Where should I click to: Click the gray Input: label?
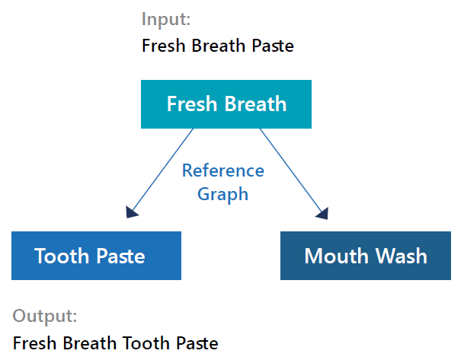coord(166,20)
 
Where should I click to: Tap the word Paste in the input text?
coord(273,46)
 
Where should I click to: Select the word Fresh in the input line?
coord(164,46)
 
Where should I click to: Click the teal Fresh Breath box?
coord(226,104)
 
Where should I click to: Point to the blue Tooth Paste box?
coord(96,256)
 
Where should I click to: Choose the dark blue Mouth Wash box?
coord(366,256)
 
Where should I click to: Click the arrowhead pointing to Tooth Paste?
coord(131,212)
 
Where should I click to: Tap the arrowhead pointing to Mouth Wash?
coord(322,213)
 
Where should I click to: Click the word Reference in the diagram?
coord(223,170)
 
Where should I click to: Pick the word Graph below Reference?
coord(222,195)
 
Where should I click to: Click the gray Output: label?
coord(45,317)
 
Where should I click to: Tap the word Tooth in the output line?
coord(145,342)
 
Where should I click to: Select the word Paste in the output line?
coord(197,342)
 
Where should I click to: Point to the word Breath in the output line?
coord(88,342)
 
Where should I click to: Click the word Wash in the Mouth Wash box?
coord(402,256)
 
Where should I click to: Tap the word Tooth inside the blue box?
coord(61,256)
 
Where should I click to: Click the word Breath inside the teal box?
coord(256,104)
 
